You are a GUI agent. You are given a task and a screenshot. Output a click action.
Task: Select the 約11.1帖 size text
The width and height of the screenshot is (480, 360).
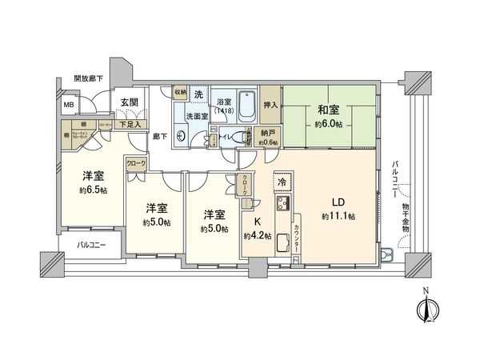338,217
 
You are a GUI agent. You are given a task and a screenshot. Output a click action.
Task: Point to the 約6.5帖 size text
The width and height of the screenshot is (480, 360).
91,190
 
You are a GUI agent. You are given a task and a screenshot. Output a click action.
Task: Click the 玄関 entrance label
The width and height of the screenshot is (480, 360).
130,102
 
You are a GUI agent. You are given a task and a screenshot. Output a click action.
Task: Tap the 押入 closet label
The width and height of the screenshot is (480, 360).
270,105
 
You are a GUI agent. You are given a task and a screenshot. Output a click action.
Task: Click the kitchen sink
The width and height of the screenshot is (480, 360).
282,246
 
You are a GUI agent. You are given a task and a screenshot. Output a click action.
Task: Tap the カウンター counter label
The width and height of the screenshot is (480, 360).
296,239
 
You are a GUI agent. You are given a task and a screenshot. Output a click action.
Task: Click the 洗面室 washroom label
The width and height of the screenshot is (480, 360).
196,116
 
